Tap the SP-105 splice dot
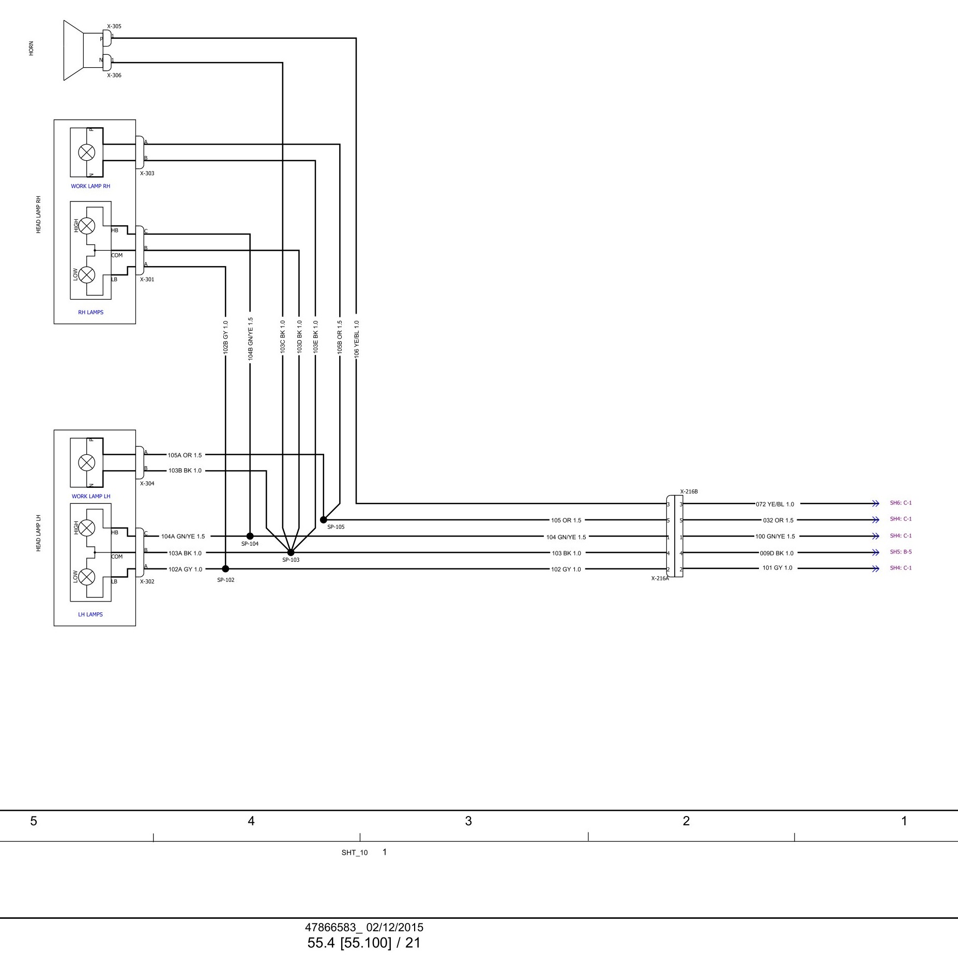coord(323,520)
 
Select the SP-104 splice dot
coord(250,536)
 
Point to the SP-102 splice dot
coord(225,569)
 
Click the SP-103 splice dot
coord(291,552)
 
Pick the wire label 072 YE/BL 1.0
coord(774,504)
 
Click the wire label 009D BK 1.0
coord(776,553)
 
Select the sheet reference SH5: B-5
coord(901,552)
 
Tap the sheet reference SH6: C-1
coord(901,503)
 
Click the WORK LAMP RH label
coord(90,186)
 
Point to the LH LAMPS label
coord(90,614)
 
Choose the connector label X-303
coord(147,174)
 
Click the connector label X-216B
coord(689,491)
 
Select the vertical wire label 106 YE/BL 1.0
coord(356,338)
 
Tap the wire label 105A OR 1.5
coord(185,455)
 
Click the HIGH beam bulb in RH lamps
coord(86,226)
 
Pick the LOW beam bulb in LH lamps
coord(86,577)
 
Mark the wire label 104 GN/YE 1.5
coord(566,537)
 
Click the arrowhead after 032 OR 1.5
coord(875,520)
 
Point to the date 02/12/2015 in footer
coord(394,928)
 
